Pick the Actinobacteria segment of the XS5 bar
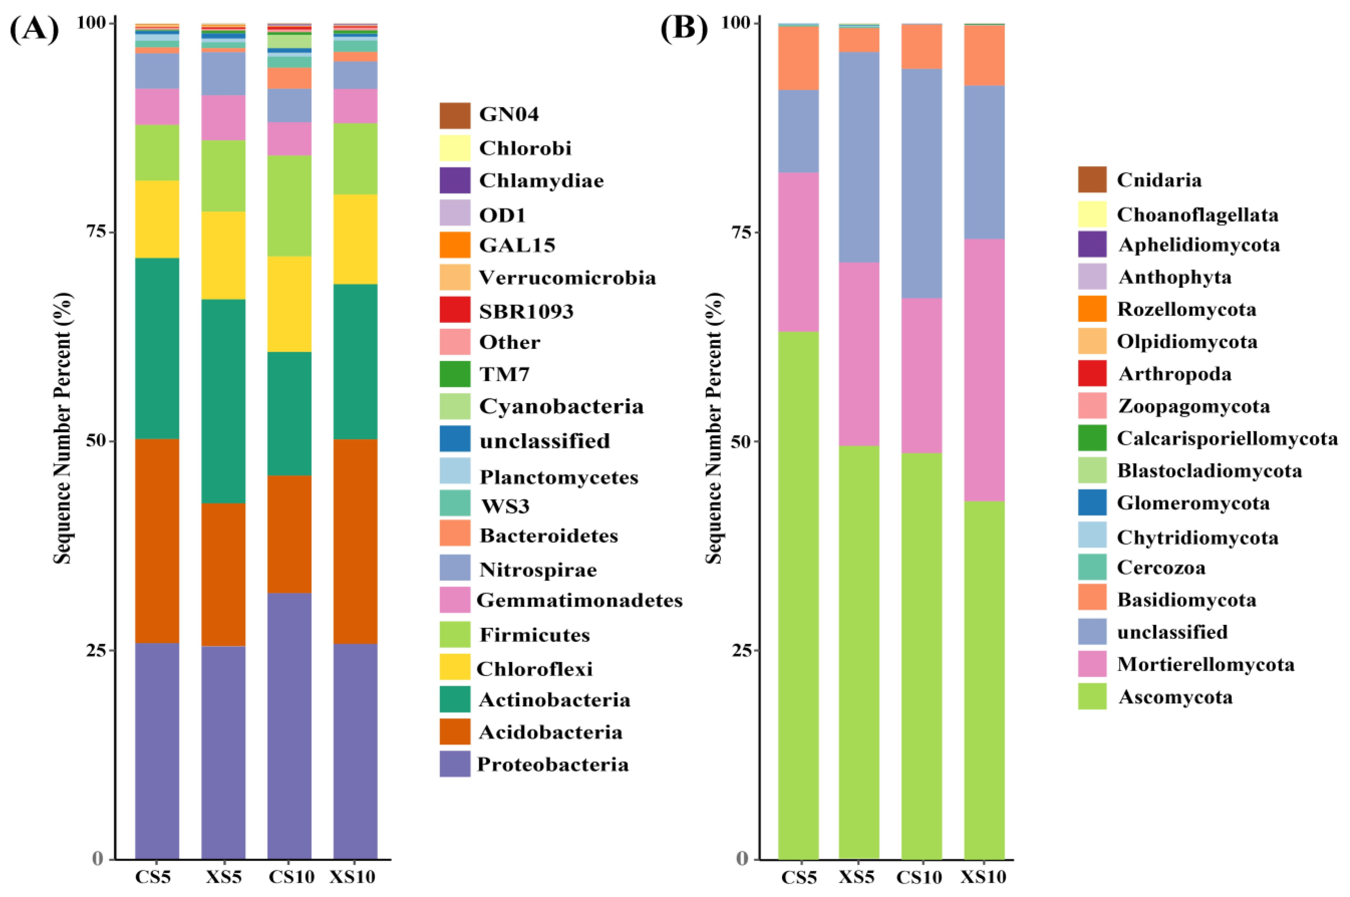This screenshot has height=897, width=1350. coord(223,401)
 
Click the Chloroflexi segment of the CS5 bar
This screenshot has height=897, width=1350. coord(157,219)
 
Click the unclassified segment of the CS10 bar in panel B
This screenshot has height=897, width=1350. coord(922,183)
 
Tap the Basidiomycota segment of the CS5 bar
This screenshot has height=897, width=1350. coord(798,58)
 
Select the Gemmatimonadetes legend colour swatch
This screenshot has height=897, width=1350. coord(455,600)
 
